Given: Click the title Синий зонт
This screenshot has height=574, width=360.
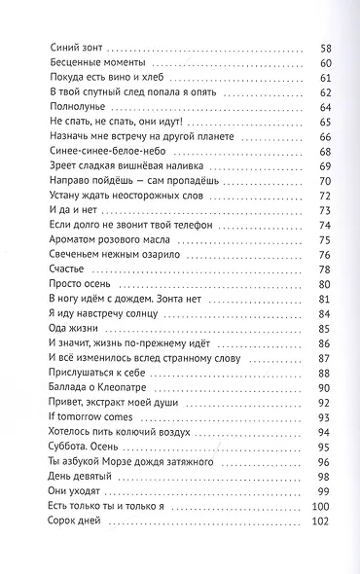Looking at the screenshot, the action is (73, 47).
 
